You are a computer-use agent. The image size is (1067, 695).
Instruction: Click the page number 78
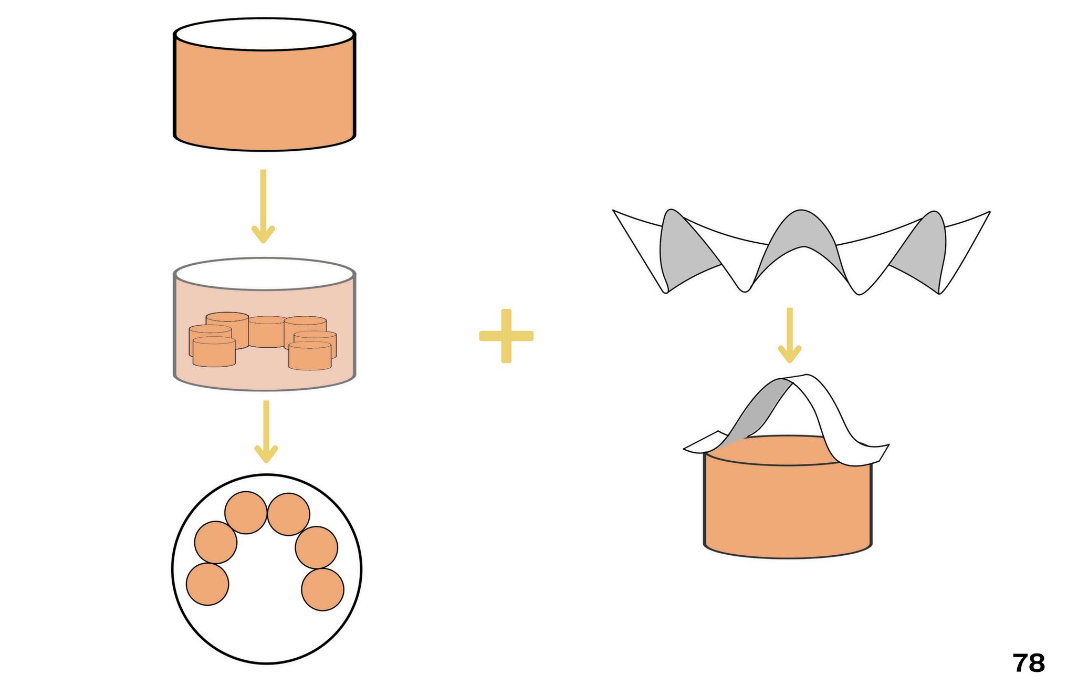(1028, 663)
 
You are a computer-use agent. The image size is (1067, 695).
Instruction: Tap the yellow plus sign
(506, 336)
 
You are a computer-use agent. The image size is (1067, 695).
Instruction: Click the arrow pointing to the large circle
(266, 431)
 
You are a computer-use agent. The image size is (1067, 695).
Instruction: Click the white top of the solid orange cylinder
(265, 34)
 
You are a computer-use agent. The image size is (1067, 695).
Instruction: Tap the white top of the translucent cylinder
(265, 274)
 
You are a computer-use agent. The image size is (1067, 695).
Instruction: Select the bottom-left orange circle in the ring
(207, 584)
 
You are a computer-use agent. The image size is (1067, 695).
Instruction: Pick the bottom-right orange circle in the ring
(323, 589)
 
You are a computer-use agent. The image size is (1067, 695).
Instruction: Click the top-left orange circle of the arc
(246, 512)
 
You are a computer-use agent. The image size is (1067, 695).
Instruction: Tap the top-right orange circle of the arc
(288, 514)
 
